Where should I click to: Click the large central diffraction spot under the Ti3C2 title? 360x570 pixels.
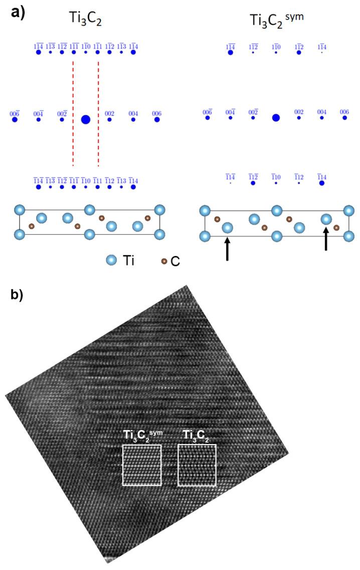(x=86, y=119)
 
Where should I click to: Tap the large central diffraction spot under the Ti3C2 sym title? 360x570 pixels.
(x=275, y=118)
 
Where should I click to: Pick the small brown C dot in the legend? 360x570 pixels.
(x=164, y=261)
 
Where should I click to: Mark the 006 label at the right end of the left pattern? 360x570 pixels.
(x=157, y=114)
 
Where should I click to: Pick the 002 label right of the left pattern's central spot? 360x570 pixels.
(x=109, y=114)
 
